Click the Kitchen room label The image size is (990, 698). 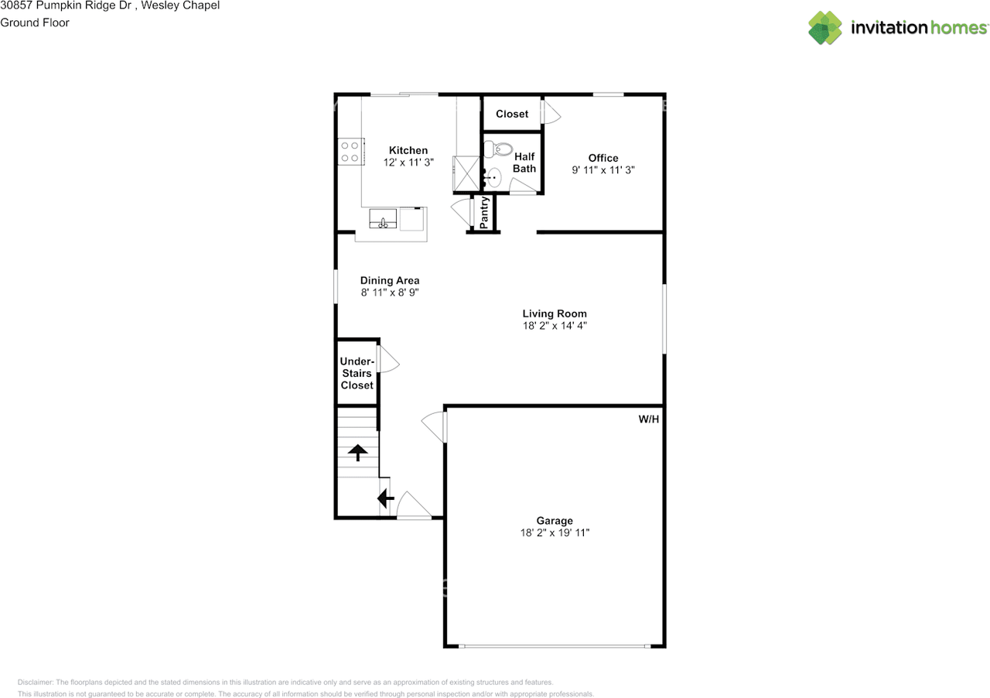point(408,150)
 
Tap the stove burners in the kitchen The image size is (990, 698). point(350,151)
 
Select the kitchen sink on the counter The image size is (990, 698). point(383,220)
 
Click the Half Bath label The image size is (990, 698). point(524,163)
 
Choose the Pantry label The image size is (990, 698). point(484,213)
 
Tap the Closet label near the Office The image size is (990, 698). point(512,114)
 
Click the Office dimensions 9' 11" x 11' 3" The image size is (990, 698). point(603,170)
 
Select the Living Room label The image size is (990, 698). point(555,313)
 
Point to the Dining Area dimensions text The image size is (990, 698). point(390,293)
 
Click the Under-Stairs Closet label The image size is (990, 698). point(357,373)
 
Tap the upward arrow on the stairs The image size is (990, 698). point(357,452)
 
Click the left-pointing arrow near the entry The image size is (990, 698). point(385,499)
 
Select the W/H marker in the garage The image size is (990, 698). point(648,419)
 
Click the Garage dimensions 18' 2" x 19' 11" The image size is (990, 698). point(555,533)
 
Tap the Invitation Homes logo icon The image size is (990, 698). point(825,28)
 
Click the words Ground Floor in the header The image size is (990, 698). point(35,22)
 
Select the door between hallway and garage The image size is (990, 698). point(435,426)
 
